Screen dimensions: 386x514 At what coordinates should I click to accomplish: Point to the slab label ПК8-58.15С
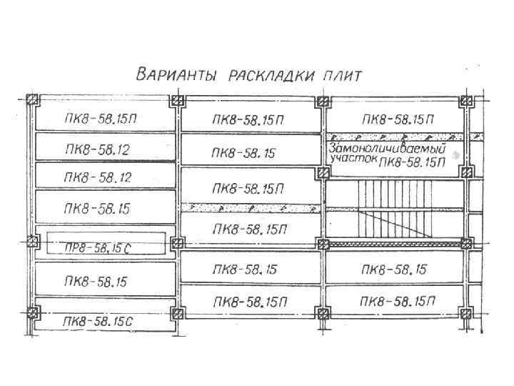(97, 321)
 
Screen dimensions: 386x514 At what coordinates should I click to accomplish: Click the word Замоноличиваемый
(386, 149)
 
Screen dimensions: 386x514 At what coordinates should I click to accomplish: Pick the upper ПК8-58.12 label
(97, 149)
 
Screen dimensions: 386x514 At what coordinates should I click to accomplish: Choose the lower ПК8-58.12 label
(97, 176)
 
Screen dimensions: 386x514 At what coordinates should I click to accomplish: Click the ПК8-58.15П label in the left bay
(99, 119)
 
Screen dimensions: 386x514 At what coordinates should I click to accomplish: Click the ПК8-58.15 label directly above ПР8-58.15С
(97, 209)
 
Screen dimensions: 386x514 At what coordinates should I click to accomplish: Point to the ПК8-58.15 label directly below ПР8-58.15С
(97, 282)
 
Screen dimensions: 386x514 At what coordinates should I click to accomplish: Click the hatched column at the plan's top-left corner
(31, 100)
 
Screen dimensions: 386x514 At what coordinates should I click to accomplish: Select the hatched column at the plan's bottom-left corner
(31, 312)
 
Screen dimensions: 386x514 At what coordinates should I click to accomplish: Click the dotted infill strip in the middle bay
(250, 208)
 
